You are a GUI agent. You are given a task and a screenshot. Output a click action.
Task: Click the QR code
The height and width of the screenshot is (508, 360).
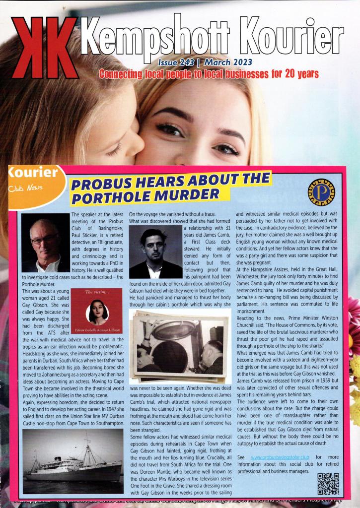328,484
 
